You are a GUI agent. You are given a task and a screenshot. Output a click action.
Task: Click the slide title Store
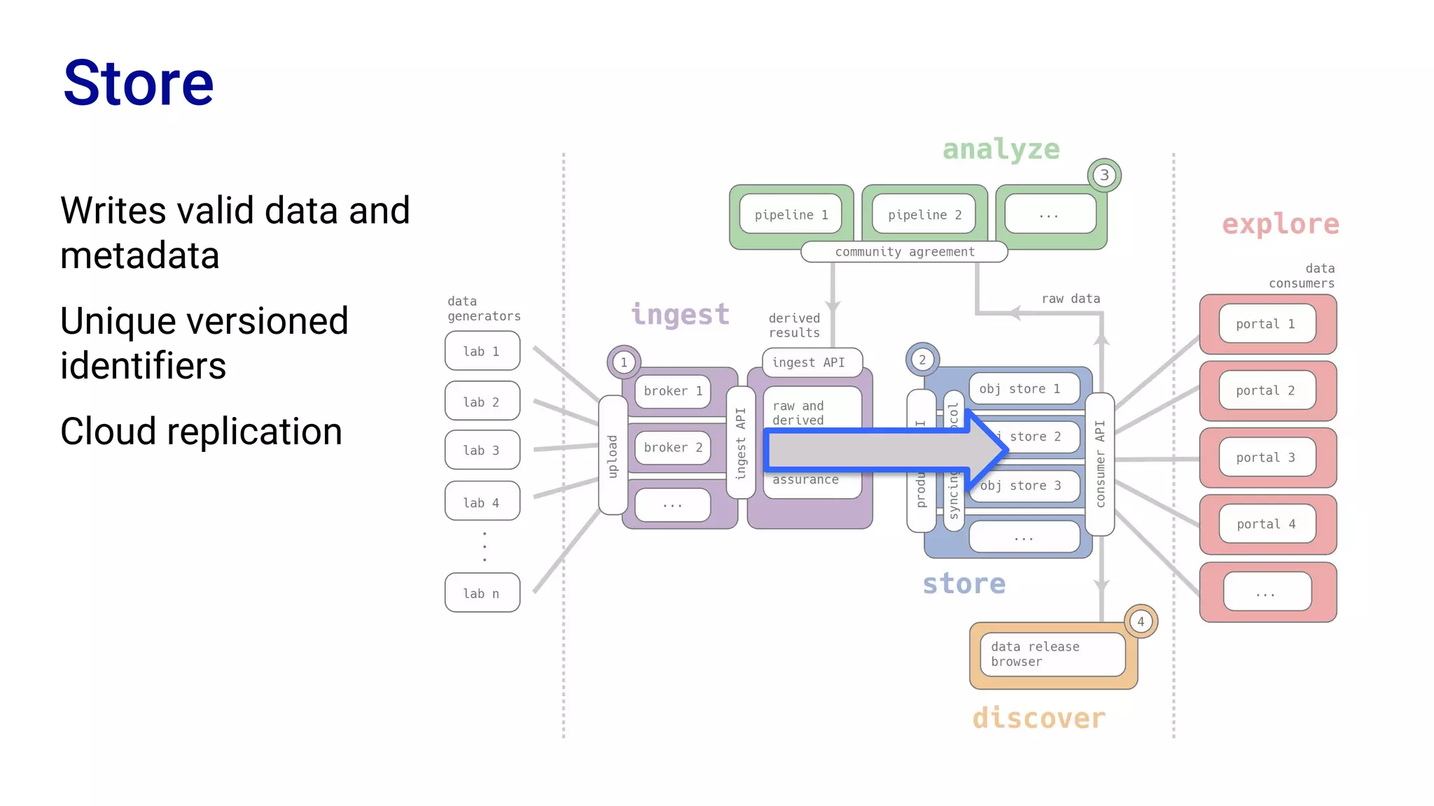point(138,83)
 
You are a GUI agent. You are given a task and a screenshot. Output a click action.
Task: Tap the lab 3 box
point(482,450)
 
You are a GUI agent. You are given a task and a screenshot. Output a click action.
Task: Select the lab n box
point(482,593)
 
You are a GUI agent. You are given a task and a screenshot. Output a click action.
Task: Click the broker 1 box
point(672,391)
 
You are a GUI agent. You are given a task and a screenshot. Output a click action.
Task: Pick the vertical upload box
point(613,455)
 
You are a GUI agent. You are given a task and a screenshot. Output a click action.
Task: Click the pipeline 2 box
point(924,215)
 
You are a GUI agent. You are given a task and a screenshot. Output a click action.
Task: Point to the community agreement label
point(904,252)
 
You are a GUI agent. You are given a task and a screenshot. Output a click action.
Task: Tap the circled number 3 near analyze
point(1104,175)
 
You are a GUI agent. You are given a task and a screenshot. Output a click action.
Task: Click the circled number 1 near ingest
point(623,362)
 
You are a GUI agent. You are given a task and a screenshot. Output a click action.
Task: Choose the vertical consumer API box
point(1099,464)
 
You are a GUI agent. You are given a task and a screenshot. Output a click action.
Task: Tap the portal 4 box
point(1266,524)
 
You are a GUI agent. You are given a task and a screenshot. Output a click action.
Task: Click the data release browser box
point(1052,654)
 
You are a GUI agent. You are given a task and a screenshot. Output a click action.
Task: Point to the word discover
point(1038,719)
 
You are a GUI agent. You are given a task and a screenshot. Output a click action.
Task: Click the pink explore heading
point(1280,224)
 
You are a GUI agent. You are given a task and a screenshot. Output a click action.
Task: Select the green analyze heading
point(1001,149)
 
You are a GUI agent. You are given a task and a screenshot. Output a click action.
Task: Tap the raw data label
point(1071,299)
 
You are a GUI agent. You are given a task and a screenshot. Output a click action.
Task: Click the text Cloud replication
point(201,431)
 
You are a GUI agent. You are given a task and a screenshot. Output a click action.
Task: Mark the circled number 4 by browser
point(1140,621)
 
